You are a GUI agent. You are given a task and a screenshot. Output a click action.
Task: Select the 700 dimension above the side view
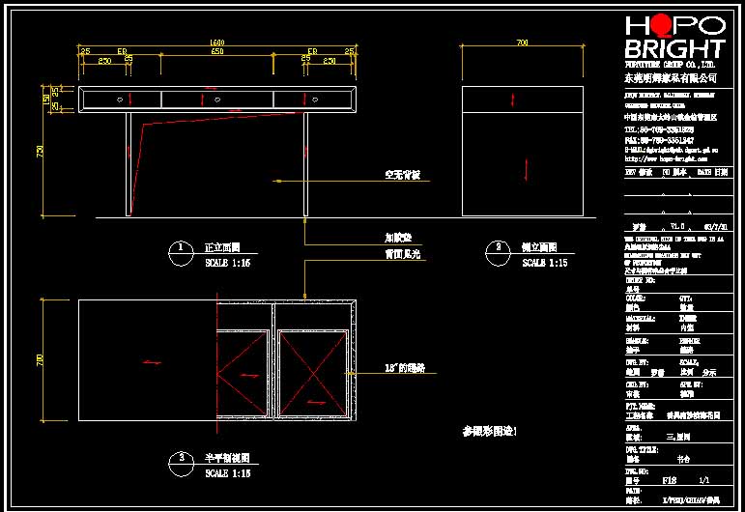(x=522, y=43)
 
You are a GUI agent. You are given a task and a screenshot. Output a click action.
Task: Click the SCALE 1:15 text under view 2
(x=545, y=263)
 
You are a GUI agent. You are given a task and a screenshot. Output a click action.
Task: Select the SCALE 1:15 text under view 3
(x=228, y=473)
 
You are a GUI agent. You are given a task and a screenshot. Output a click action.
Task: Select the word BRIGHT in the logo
(x=674, y=49)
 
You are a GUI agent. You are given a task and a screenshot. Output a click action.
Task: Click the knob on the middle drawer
(x=217, y=98)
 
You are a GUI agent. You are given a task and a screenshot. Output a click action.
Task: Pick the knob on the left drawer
(x=121, y=98)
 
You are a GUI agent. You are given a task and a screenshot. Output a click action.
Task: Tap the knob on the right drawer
(x=315, y=98)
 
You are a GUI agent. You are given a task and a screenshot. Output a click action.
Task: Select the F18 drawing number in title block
(x=669, y=480)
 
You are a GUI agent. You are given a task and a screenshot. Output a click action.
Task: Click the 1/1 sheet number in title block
(x=703, y=480)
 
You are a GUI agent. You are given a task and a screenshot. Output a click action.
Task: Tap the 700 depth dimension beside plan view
(x=41, y=359)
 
